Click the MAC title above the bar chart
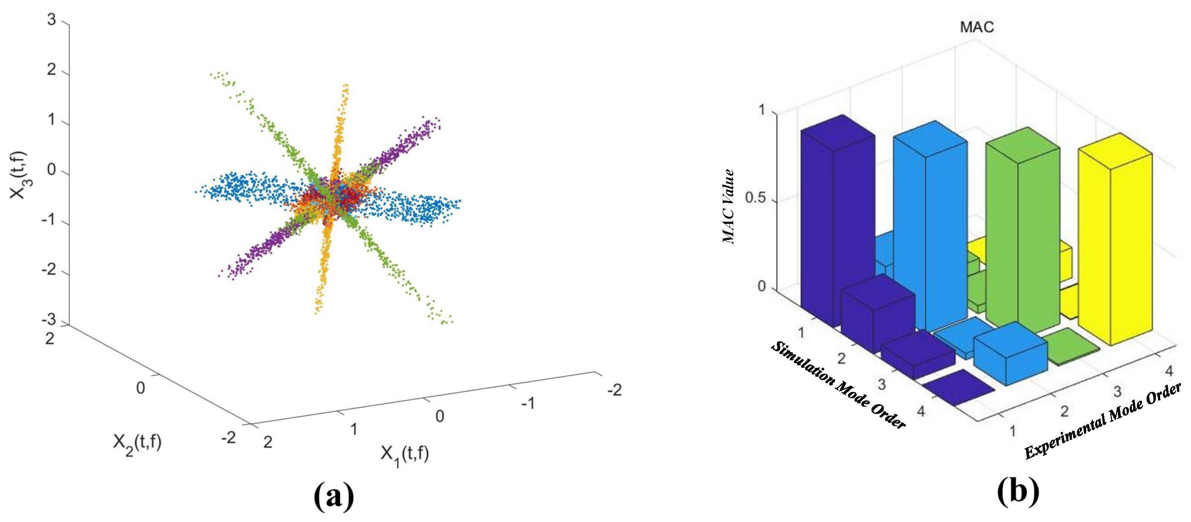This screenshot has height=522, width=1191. (x=976, y=27)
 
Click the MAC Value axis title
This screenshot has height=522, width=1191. (x=729, y=207)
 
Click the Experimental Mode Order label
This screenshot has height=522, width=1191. (x=1103, y=422)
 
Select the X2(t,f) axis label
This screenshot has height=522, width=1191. (x=137, y=444)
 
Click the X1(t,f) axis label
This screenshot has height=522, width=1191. (x=404, y=455)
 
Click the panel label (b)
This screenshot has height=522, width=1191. (x=1018, y=492)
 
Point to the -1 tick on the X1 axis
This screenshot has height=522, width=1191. (x=527, y=403)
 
